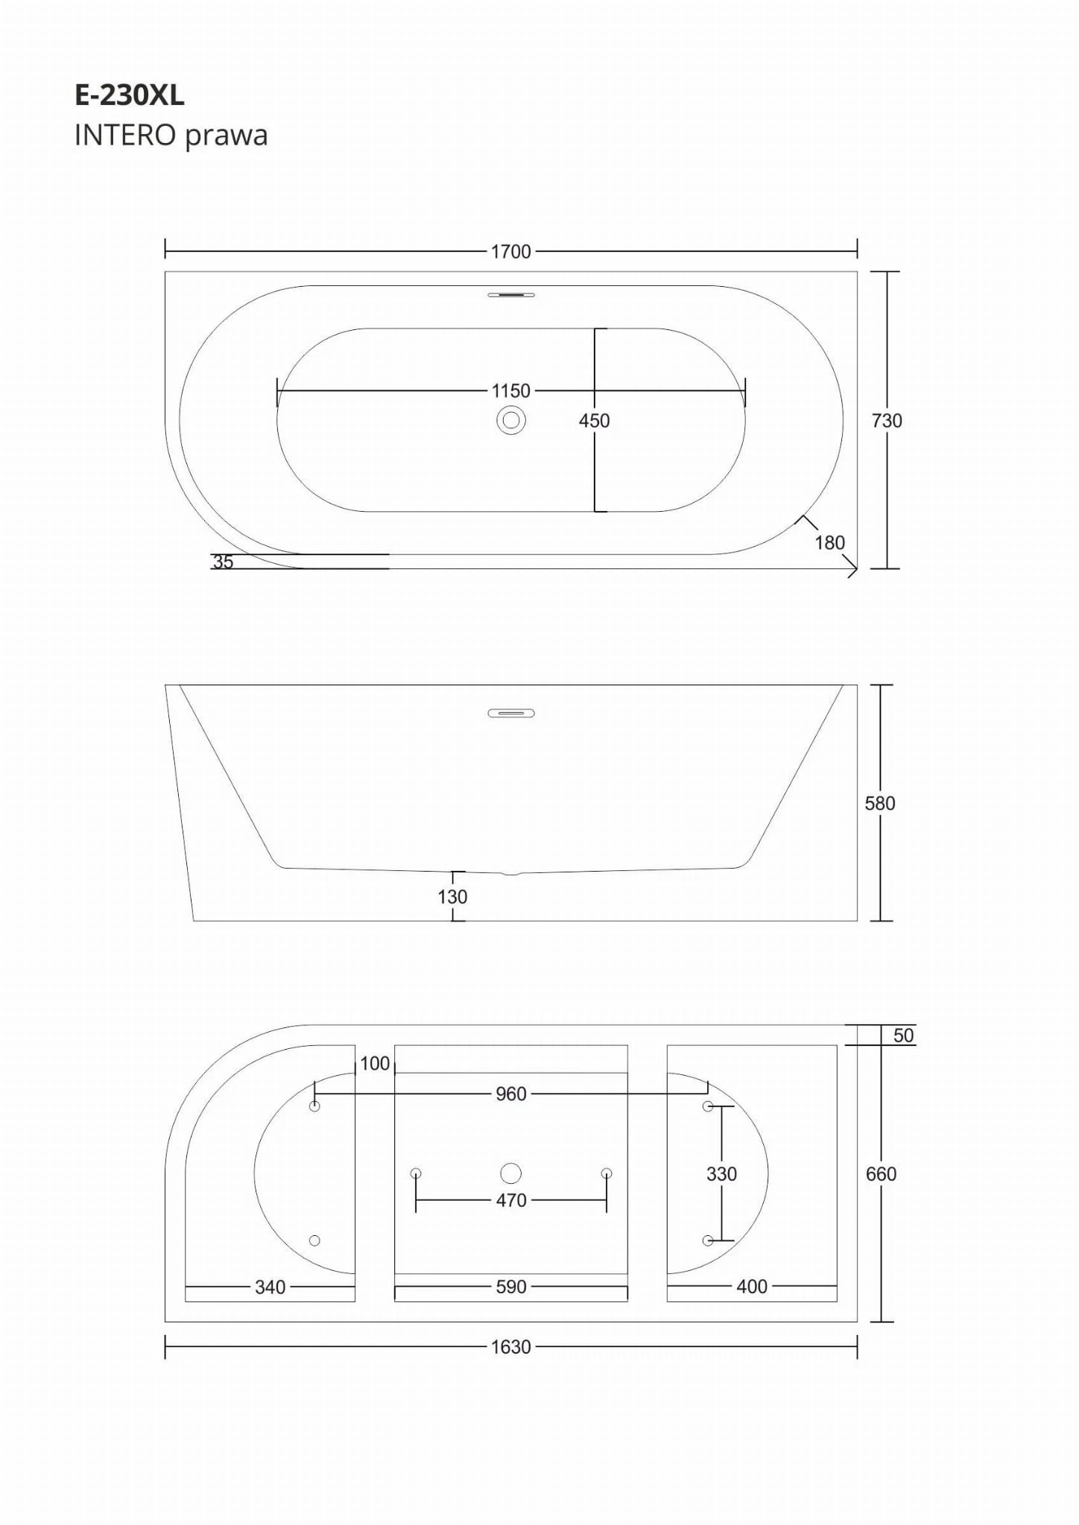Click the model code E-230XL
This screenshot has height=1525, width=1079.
click(x=130, y=95)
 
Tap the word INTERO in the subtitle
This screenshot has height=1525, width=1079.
click(x=125, y=136)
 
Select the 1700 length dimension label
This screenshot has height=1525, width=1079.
click(x=511, y=252)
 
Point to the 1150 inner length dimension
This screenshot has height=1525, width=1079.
click(x=511, y=390)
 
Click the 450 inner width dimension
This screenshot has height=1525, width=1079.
click(x=594, y=421)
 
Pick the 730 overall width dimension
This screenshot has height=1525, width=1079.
click(x=887, y=421)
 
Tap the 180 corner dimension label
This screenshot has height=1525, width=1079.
click(x=829, y=542)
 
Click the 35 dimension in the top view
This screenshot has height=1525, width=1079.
click(x=223, y=562)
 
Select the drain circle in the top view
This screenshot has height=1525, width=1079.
click(x=511, y=421)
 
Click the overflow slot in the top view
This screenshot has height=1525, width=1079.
click(x=511, y=295)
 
